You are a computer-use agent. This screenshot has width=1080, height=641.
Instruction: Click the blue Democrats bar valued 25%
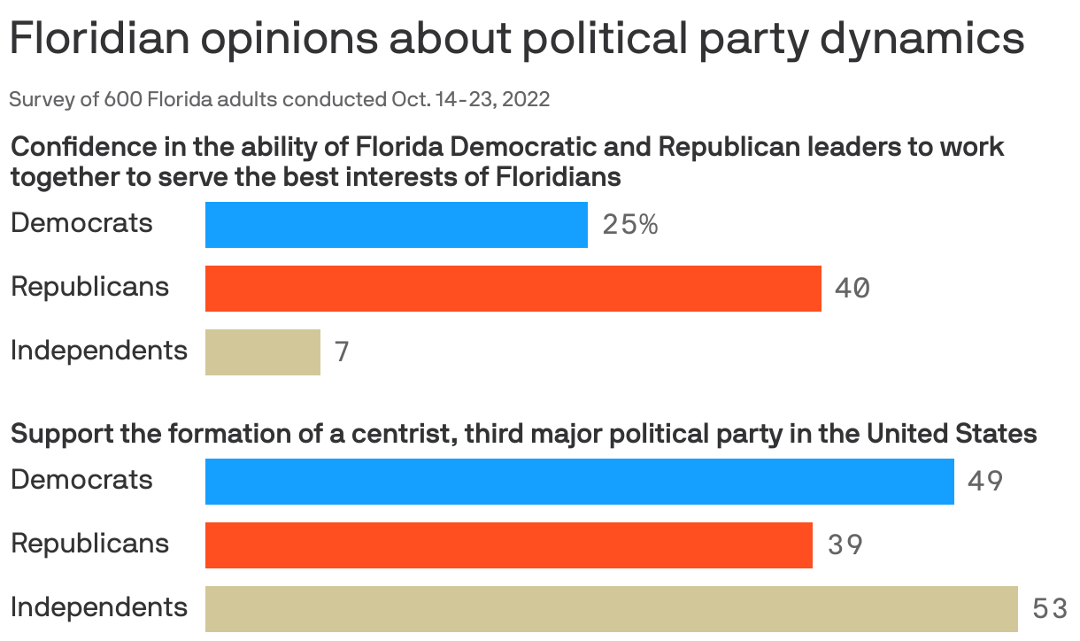(x=396, y=225)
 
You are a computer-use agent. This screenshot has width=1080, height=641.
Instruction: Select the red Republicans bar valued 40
(x=513, y=289)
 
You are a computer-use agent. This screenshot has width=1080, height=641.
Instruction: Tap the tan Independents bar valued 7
(x=262, y=352)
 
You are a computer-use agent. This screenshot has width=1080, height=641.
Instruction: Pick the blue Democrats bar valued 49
(x=579, y=482)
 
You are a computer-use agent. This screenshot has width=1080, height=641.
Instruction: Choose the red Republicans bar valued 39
(x=508, y=545)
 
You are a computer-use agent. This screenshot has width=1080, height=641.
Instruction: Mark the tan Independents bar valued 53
(x=611, y=609)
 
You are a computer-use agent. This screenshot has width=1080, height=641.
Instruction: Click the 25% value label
(x=630, y=225)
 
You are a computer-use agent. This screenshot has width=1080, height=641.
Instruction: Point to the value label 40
(x=852, y=289)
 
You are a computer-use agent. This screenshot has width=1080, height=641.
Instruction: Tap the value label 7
(x=343, y=352)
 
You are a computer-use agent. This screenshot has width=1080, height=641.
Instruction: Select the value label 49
(x=985, y=482)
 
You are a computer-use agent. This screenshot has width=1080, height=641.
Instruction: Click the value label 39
(x=845, y=545)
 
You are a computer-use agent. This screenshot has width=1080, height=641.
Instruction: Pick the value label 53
(x=1050, y=609)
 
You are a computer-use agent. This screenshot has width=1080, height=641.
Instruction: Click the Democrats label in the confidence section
(x=81, y=223)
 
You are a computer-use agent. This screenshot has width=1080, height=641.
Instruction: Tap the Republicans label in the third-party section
(x=89, y=543)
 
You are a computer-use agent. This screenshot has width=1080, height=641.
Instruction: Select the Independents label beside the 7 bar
(x=99, y=351)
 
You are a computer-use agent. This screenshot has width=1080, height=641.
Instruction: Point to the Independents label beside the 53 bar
(x=99, y=607)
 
